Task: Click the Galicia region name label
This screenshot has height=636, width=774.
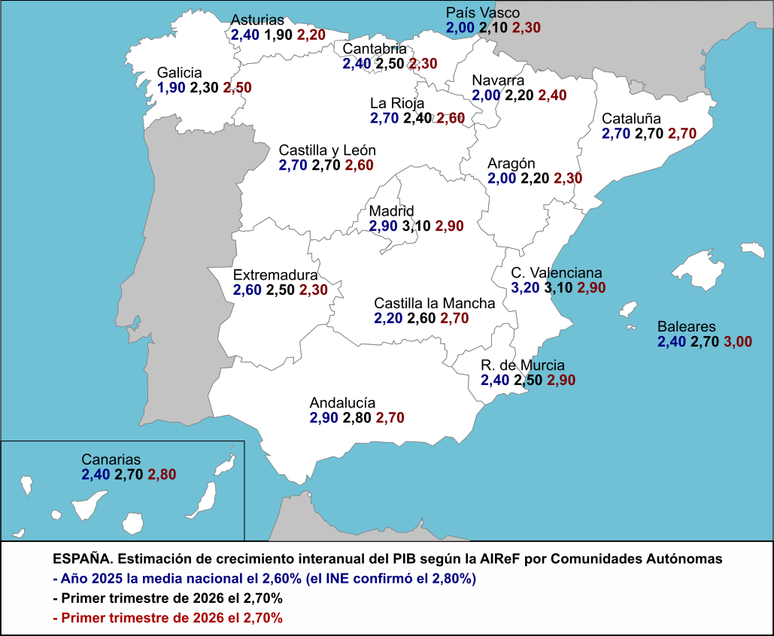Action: click(x=179, y=73)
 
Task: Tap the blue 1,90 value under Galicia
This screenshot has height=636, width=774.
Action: click(x=171, y=88)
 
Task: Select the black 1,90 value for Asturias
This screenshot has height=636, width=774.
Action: click(x=278, y=35)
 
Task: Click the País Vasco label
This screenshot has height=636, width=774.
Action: click(x=483, y=13)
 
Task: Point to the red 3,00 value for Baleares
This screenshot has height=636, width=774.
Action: click(x=738, y=341)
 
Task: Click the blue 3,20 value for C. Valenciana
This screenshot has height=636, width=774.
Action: click(x=525, y=288)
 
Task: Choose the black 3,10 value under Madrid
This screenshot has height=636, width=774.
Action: click(x=416, y=226)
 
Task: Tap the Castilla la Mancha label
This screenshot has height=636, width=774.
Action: click(x=435, y=304)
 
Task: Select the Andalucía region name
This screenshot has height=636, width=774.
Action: click(x=342, y=403)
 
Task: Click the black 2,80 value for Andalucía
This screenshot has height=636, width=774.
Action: click(x=357, y=418)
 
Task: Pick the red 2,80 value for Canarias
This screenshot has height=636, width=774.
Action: click(x=162, y=474)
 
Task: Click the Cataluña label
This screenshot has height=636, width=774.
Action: click(x=631, y=119)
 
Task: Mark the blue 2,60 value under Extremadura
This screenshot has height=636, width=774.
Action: click(x=247, y=289)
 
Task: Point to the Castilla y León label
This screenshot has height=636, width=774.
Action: click(x=327, y=150)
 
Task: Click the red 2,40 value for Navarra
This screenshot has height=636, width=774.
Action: click(x=552, y=95)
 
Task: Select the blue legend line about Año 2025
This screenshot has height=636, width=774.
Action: click(x=265, y=578)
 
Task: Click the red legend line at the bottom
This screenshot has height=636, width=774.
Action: click(x=168, y=618)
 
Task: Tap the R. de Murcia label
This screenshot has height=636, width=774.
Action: click(x=523, y=365)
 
